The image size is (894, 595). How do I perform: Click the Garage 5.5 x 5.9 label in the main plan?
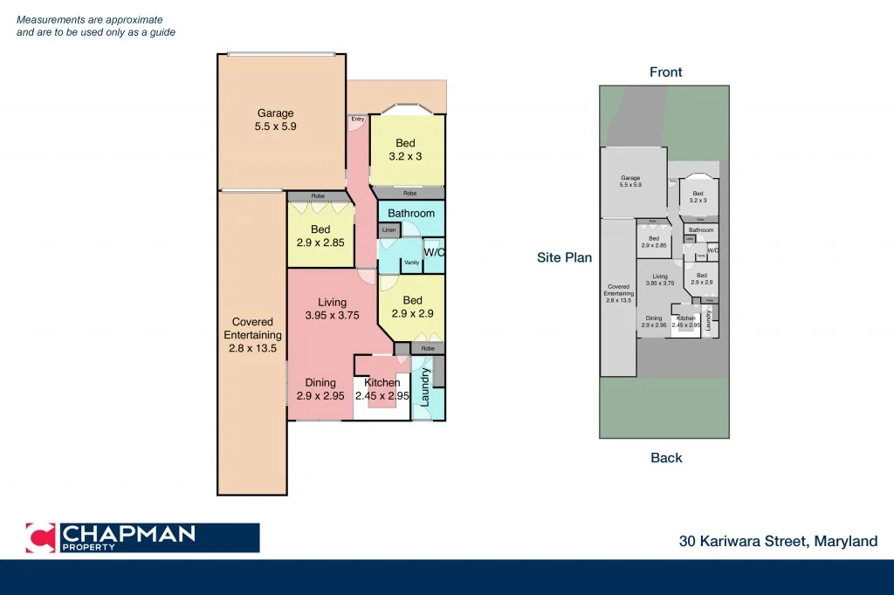[x=275, y=120]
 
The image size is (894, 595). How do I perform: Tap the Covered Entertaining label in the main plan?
[x=252, y=335]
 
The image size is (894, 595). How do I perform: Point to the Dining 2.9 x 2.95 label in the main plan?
[x=320, y=389]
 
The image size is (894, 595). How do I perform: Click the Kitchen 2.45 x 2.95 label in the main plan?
[x=382, y=389]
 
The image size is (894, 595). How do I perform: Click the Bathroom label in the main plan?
[x=410, y=213]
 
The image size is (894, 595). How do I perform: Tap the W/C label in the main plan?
[x=435, y=253]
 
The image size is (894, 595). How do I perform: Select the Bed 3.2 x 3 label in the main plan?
[x=405, y=150]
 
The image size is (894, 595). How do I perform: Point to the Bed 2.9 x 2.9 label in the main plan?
[x=412, y=307]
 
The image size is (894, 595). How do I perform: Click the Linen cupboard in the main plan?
[x=389, y=230]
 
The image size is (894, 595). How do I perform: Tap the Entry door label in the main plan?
[x=358, y=119]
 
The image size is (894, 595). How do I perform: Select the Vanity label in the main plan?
[x=411, y=263]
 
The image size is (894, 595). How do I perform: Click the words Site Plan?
[x=564, y=257]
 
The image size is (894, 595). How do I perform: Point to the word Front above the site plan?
[x=665, y=72]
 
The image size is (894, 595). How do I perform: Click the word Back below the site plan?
[x=665, y=458]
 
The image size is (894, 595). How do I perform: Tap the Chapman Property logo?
[x=142, y=537]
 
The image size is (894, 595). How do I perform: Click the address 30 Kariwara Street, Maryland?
[x=778, y=542]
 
